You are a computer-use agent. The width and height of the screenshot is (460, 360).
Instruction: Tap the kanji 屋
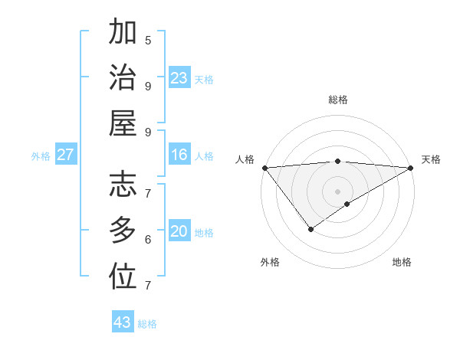pyautogui.click(x=123, y=123)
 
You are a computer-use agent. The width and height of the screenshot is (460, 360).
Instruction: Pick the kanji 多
pyautogui.click(x=123, y=231)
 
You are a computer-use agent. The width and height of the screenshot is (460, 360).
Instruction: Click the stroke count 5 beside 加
pyautogui.click(x=148, y=40)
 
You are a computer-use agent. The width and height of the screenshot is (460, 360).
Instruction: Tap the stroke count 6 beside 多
pyautogui.click(x=148, y=239)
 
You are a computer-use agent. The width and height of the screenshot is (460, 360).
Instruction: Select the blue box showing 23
pyautogui.click(x=179, y=78)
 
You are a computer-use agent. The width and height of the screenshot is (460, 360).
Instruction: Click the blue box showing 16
pyautogui.click(x=179, y=155)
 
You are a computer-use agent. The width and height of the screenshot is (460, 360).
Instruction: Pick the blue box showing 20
pyautogui.click(x=179, y=232)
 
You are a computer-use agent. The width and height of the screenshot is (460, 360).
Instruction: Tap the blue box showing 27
pyautogui.click(x=66, y=155)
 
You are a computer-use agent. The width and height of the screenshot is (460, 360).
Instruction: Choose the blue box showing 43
pyautogui.click(x=123, y=322)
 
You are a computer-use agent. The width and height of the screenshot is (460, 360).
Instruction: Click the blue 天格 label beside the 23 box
pyautogui.click(x=204, y=80)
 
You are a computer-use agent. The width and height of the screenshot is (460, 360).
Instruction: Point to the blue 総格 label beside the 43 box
pyautogui.click(x=148, y=324)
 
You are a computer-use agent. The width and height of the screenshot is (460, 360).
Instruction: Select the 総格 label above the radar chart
pyautogui.click(x=338, y=100)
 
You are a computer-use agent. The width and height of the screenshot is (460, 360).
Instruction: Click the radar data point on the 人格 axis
pyautogui.click(x=264, y=168)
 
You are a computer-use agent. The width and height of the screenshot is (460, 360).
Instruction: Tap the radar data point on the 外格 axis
pyautogui.click(x=310, y=228)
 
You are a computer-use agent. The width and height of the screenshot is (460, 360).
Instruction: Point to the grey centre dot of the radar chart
pyautogui.click(x=337, y=191)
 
